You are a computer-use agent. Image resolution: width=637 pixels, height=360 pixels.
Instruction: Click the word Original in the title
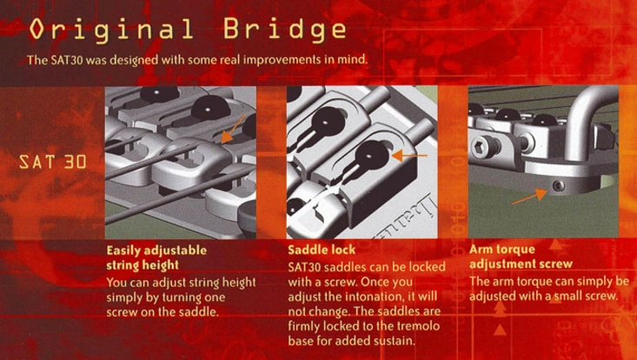(111, 30)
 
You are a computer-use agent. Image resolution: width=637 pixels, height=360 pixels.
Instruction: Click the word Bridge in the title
(285, 30)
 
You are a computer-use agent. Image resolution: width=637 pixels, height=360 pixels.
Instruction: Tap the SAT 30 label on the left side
(53, 162)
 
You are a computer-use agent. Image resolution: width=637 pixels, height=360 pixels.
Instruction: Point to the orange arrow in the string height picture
(233, 129)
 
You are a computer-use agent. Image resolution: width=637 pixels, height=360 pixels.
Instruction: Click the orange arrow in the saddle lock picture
(409, 155)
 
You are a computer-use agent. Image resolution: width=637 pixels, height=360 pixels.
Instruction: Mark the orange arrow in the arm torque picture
(529, 197)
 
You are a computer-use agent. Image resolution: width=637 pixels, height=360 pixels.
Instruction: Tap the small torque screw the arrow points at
(559, 186)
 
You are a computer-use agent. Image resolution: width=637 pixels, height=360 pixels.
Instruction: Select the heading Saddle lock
(322, 249)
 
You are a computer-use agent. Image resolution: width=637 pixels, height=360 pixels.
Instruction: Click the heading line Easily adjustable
(156, 250)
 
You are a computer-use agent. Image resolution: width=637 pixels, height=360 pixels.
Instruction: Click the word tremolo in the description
(417, 326)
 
